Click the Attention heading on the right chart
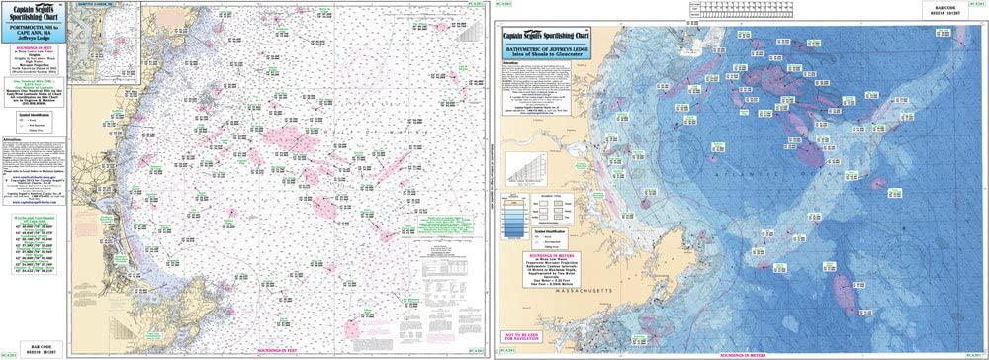511,61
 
